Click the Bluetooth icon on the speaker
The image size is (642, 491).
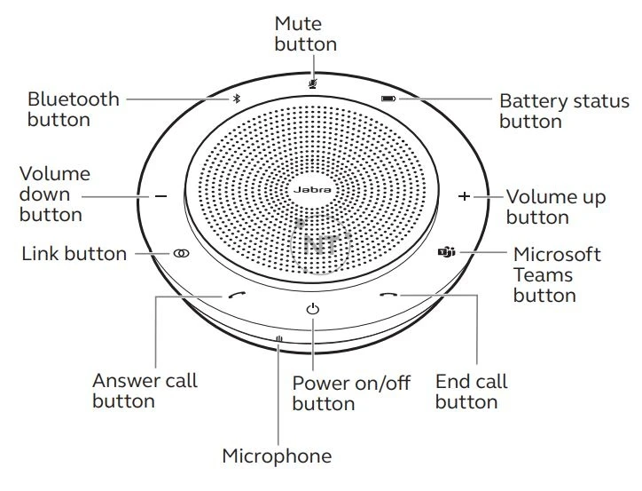click(x=236, y=99)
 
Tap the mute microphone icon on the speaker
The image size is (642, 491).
click(x=312, y=83)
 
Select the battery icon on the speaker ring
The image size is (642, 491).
click(x=388, y=99)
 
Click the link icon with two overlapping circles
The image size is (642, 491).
click(x=181, y=253)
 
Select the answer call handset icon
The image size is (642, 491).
click(x=235, y=297)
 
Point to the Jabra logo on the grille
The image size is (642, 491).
click(x=311, y=187)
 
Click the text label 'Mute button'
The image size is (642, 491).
click(x=306, y=33)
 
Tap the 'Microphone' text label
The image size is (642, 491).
click(x=277, y=456)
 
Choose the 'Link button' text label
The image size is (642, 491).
click(x=74, y=254)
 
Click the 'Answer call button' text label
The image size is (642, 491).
click(x=145, y=391)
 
